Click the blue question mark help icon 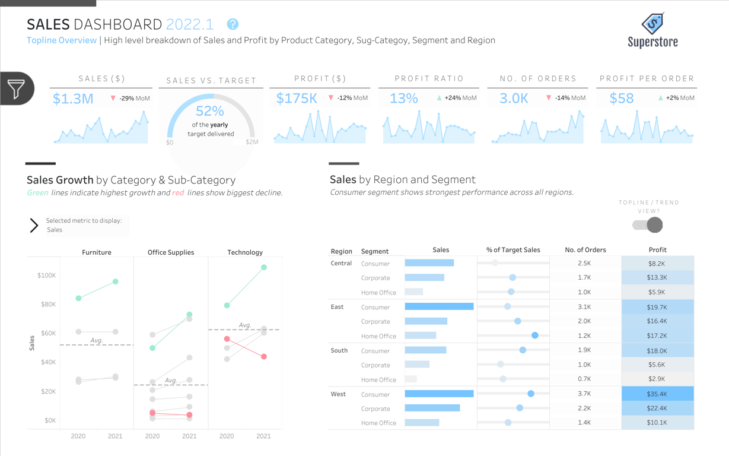[233, 24]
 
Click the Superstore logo [652, 30]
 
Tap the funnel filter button [17, 89]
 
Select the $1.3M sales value [73, 99]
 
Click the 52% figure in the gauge [210, 111]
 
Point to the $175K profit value [297, 99]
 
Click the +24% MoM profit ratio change [461, 98]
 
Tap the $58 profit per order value [622, 99]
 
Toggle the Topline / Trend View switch [648, 225]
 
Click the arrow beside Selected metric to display [34, 225]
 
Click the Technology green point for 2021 [263, 268]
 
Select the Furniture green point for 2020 [78, 298]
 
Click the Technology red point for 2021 [263, 357]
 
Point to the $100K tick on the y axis [46, 275]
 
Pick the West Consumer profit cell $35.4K [657, 394]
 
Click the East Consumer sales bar [439, 307]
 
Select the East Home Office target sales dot [535, 335]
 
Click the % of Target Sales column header [513, 250]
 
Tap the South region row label [339, 350]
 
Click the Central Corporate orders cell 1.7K [584, 277]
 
